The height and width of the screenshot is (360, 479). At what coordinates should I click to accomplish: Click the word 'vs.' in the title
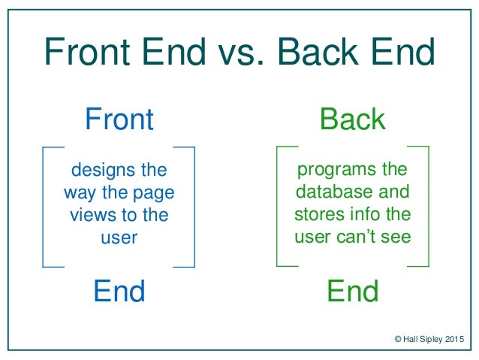(x=241, y=52)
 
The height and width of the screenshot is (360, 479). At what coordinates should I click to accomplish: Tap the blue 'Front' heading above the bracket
(x=119, y=119)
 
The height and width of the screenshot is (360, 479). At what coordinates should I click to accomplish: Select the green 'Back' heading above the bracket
(x=353, y=119)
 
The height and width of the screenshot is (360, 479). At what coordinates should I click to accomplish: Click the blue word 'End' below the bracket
(x=119, y=291)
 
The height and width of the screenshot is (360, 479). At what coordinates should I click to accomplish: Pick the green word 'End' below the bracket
(x=353, y=291)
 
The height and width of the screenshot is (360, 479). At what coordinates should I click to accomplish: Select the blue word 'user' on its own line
(x=119, y=238)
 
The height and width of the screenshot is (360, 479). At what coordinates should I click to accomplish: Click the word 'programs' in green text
(x=336, y=170)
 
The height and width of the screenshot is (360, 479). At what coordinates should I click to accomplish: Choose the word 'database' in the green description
(x=334, y=192)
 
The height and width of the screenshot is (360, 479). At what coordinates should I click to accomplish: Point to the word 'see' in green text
(x=396, y=237)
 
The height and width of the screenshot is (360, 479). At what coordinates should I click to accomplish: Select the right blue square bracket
(x=194, y=207)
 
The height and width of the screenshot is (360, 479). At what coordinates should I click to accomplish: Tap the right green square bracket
(x=428, y=207)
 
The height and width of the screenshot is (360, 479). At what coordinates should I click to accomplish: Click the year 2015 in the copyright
(x=454, y=339)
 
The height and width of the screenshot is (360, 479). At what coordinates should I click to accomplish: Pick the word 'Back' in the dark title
(x=318, y=51)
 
